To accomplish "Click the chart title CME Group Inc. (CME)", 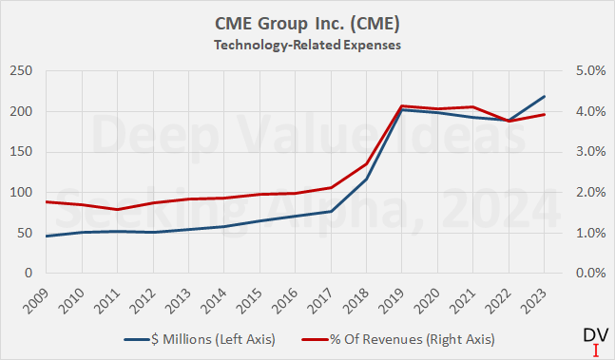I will coord(306,19).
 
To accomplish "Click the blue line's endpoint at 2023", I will coord(545,96).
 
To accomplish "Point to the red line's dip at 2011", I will coord(117,209).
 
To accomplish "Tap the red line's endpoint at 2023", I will coord(545,115).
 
